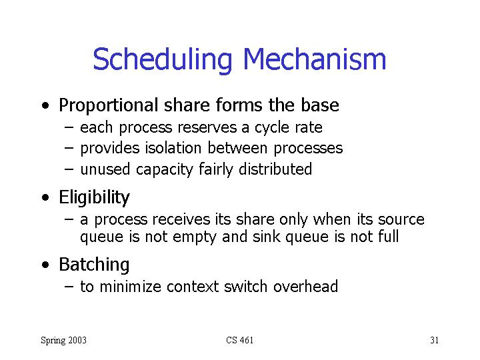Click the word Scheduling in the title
click(162, 61)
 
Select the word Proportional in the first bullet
click(109, 106)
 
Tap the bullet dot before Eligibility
click(45, 197)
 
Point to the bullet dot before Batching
click(45, 265)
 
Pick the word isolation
click(173, 148)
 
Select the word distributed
click(275, 169)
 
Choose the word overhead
click(305, 287)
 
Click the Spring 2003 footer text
click(64, 341)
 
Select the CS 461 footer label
click(240, 340)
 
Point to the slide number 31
click(435, 340)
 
